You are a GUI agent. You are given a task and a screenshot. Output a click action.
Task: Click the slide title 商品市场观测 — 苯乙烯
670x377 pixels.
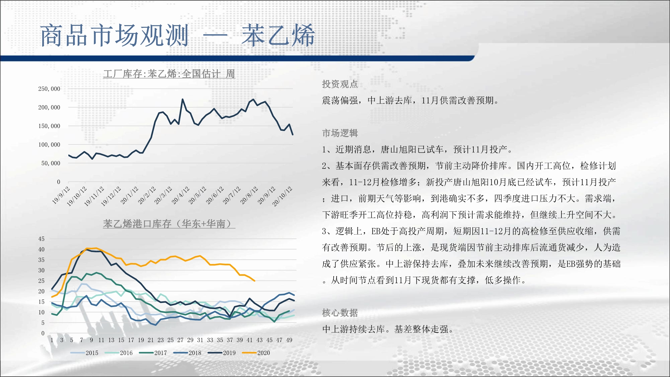tap(178, 35)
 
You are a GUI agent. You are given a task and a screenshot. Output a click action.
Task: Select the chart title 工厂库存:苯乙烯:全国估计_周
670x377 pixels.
tap(169, 74)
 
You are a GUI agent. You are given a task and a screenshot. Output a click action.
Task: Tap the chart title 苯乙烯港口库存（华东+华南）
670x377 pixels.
tap(169, 224)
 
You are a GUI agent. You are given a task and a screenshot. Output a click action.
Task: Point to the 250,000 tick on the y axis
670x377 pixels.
tap(49, 89)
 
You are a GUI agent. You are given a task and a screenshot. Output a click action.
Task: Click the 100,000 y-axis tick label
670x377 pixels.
tap(49, 145)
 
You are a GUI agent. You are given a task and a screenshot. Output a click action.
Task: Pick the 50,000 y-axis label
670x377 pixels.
tap(51, 163)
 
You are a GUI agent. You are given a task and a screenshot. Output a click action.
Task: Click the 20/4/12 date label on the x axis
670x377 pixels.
tap(180, 195)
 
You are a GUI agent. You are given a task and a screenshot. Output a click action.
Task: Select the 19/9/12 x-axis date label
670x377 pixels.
tap(61, 195)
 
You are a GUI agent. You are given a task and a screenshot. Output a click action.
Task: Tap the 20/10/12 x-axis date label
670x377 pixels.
tap(282, 196)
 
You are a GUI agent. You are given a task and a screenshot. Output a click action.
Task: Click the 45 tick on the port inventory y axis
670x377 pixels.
tap(41, 239)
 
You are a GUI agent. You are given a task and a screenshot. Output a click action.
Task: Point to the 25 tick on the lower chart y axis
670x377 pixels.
tap(41, 281)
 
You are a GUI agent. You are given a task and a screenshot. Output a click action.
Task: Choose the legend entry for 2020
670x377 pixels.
tap(256, 353)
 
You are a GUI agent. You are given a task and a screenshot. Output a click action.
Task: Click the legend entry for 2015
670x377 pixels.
tap(84, 353)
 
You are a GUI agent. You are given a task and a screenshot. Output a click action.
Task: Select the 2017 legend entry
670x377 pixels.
tap(153, 353)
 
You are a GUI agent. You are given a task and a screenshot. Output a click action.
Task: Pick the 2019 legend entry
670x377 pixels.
tap(222, 353)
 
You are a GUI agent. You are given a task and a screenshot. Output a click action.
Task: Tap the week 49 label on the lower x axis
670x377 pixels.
tap(289, 340)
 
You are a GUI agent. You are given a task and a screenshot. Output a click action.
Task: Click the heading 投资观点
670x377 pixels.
tap(340, 84)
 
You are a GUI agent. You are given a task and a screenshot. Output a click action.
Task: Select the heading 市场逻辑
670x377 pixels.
tap(340, 133)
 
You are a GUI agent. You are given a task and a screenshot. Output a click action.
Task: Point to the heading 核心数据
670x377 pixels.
tap(340, 313)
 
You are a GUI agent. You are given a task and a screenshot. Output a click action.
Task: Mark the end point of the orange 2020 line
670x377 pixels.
tap(255, 281)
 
